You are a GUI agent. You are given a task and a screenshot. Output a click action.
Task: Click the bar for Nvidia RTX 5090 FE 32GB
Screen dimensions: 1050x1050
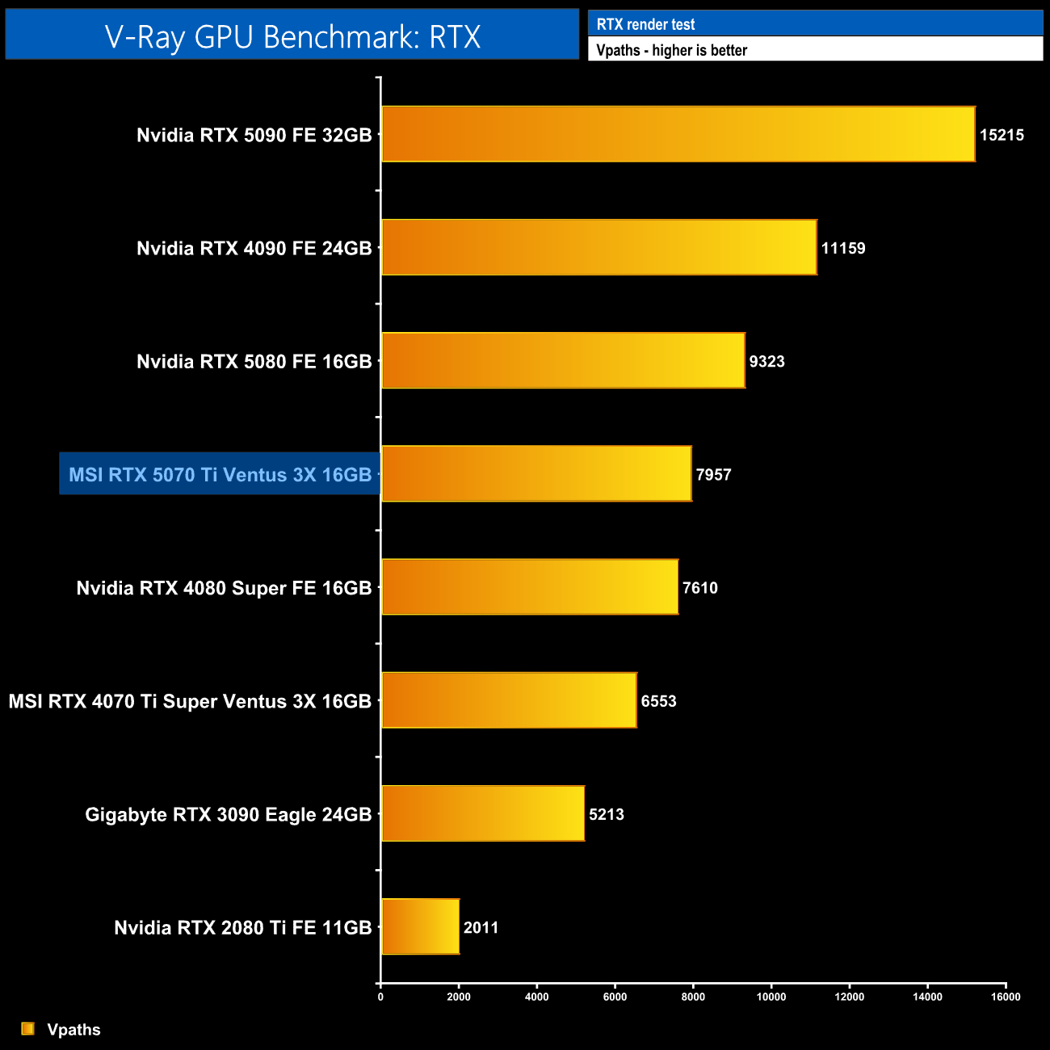coord(678,134)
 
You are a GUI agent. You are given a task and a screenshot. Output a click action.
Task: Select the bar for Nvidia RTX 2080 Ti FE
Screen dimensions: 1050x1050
coord(420,926)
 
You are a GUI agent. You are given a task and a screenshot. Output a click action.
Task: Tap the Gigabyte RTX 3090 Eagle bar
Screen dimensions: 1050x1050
coord(482,813)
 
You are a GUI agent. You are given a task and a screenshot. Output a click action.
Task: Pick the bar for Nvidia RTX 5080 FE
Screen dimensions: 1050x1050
coord(563,360)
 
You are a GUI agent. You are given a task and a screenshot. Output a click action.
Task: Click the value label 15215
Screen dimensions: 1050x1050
coord(1002,135)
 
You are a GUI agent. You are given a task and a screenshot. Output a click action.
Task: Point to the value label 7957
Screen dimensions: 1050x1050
coord(713,474)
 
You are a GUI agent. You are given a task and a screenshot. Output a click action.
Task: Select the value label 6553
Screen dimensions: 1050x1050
coord(658,701)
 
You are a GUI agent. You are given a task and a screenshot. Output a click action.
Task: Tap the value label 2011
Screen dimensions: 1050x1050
coord(481,927)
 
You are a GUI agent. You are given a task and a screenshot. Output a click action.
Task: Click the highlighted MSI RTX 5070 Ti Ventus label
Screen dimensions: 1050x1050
coord(220,474)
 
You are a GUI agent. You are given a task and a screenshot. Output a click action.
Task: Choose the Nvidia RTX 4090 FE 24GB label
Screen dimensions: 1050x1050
coord(254,248)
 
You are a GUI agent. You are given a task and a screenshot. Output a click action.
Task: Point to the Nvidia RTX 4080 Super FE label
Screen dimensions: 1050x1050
coord(224,588)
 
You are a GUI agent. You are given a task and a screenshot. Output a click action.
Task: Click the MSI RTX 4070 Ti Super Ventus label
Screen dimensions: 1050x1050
coord(190,701)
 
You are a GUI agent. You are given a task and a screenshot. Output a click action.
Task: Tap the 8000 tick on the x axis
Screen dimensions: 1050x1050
coord(693,997)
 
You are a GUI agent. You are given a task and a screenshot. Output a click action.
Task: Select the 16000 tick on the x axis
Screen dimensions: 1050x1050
coord(1006,997)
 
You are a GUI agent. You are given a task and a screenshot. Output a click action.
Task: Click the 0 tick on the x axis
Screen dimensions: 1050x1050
coord(380,997)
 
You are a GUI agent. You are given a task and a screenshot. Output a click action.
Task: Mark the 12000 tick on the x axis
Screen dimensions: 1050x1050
coord(849,997)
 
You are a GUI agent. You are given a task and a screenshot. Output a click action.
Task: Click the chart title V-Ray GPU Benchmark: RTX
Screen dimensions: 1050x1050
coord(292,36)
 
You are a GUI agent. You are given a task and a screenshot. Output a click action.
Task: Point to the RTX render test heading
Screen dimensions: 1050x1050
coord(645,24)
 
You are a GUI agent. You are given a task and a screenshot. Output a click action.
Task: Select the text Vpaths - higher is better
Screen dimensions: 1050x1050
coord(671,50)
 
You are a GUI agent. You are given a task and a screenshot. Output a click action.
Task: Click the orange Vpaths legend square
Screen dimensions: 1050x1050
coord(28,1028)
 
